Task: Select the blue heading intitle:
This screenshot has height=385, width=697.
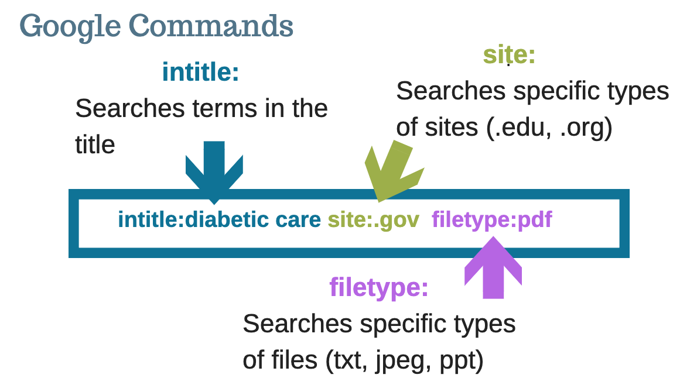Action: point(200,73)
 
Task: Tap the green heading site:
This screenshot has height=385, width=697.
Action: point(509,55)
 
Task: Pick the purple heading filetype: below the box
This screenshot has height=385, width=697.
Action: point(378,287)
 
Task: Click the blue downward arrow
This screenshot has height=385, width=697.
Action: point(214,169)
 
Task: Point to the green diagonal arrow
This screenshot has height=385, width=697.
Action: point(391,170)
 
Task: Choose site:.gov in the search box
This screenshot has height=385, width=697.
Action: point(373,220)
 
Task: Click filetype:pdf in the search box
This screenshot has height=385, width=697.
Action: point(491,220)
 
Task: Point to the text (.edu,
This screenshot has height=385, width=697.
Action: point(519,128)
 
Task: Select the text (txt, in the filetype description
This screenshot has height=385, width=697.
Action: point(346,360)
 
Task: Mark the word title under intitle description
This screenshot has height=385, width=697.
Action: point(95,144)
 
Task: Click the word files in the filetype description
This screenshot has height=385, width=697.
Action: point(293,360)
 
